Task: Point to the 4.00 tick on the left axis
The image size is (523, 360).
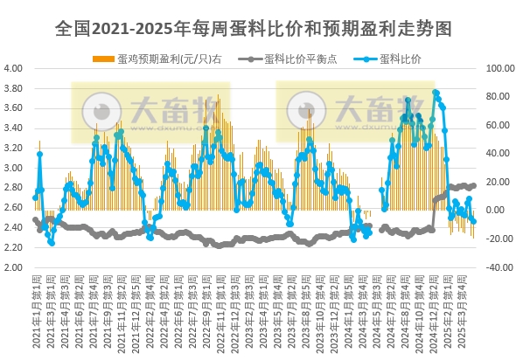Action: tap(13, 68)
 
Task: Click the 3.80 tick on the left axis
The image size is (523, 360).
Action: tap(13, 88)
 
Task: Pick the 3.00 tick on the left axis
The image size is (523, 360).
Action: tap(13, 168)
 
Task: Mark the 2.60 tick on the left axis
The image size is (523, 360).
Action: tap(13, 208)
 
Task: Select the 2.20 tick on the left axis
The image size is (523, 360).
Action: tap(13, 248)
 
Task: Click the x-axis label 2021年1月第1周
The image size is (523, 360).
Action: tap(35, 310)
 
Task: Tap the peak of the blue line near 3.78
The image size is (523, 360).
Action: tap(436, 92)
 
